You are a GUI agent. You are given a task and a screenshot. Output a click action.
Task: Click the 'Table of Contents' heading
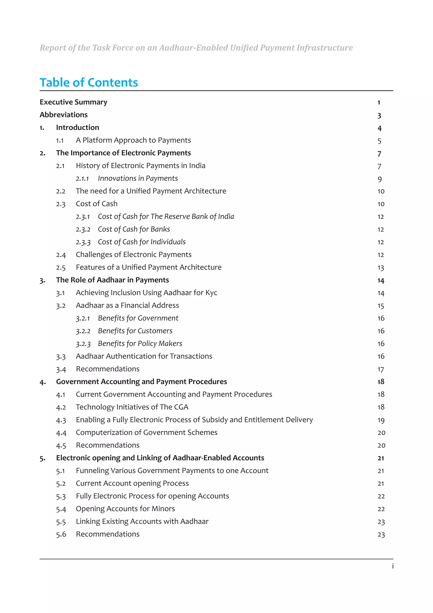click(89, 82)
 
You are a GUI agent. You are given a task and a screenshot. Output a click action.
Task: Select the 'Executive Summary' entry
click(73, 102)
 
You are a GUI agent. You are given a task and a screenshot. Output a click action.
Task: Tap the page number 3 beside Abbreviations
click(379, 115)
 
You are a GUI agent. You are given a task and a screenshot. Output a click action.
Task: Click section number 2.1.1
click(82, 178)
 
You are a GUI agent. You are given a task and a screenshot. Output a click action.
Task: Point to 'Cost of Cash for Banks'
click(134, 229)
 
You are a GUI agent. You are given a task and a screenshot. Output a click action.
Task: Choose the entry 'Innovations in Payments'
click(138, 178)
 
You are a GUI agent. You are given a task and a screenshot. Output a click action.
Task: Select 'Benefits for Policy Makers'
click(140, 343)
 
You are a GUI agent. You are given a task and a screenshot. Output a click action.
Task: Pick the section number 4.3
click(61, 420)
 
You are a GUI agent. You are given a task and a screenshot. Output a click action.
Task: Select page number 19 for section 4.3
click(381, 420)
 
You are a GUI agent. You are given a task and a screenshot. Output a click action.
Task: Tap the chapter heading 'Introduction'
click(77, 127)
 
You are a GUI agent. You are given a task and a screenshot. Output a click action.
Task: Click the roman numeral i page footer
click(392, 566)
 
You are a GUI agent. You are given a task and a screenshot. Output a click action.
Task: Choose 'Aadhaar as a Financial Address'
click(127, 305)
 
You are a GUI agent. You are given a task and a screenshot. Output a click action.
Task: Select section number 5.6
click(61, 534)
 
